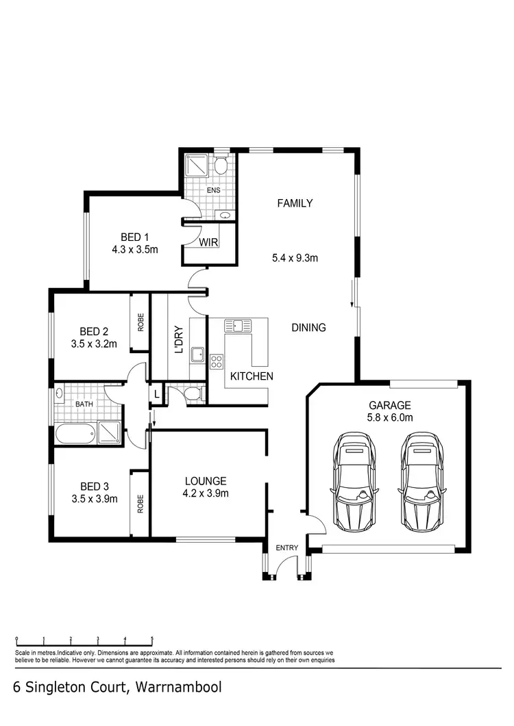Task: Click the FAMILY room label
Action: [295, 203]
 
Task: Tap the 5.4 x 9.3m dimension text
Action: [295, 258]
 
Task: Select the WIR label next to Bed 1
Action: [208, 242]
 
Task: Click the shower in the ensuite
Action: [196, 166]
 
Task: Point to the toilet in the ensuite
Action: [221, 166]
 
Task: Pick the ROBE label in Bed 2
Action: [140, 323]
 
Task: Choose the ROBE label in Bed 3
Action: [140, 504]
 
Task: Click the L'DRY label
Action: [179, 339]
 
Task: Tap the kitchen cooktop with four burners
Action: [217, 361]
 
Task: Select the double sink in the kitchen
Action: [238, 325]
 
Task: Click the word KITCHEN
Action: [252, 376]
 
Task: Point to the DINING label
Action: [308, 328]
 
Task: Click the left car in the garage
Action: [354, 481]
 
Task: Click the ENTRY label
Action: [286, 548]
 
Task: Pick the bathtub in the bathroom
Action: [76, 435]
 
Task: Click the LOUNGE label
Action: [206, 481]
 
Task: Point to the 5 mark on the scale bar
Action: [152, 639]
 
